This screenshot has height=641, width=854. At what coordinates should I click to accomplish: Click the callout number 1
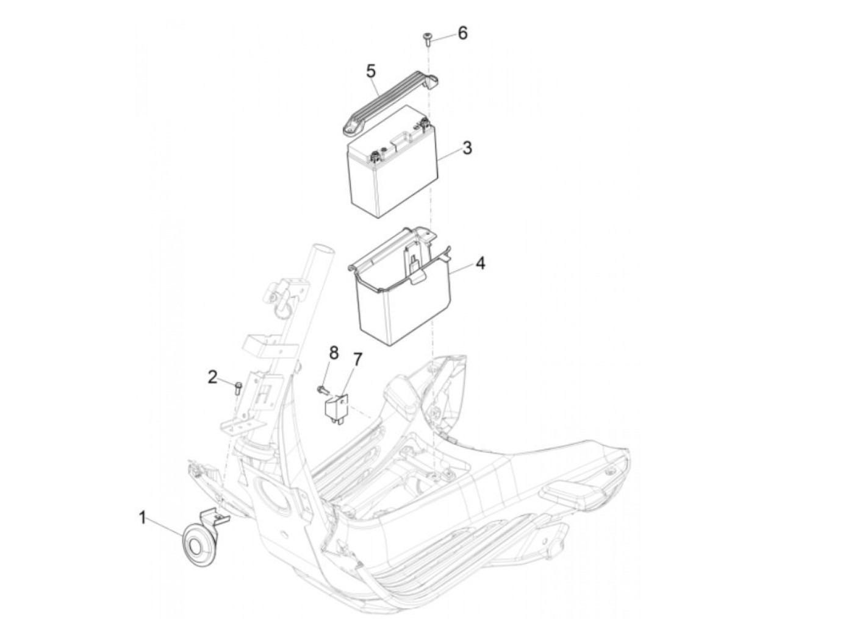tap(142, 519)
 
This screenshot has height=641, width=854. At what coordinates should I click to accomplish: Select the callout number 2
tap(212, 378)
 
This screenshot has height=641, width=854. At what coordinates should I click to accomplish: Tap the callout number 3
tap(467, 147)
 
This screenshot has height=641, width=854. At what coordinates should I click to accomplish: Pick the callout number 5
tap(370, 71)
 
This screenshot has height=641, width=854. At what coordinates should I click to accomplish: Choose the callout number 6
tap(462, 33)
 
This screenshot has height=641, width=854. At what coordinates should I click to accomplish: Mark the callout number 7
tap(357, 359)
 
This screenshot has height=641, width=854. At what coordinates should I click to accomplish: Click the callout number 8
tap(333, 352)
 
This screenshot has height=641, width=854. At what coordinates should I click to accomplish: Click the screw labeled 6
tap(426, 40)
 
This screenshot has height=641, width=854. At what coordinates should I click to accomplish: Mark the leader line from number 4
tap(461, 271)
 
